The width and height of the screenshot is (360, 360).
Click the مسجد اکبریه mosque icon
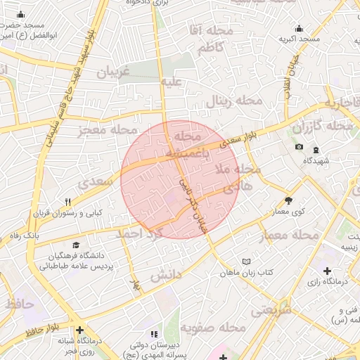pyautogui.click(x=300, y=29)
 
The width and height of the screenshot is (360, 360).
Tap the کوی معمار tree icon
pyautogui.click(x=288, y=200)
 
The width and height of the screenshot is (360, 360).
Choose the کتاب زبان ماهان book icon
pyautogui.click(x=245, y=261)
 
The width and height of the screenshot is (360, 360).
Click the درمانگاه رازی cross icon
pyautogui.click(x=328, y=271)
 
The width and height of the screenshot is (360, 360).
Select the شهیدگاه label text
pyautogui.click(x=316, y=161)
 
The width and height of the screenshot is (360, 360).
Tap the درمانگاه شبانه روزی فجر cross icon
pyautogui.click(x=80, y=329)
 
